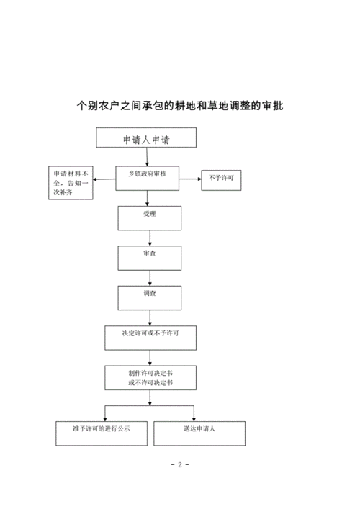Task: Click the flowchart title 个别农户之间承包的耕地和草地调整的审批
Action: (x=180, y=107)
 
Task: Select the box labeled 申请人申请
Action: (x=147, y=138)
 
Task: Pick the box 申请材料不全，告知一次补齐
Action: (x=71, y=184)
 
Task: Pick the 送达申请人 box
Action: (x=199, y=432)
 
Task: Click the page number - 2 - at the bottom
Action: (x=180, y=465)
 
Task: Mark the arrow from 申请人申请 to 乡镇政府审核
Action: (x=147, y=157)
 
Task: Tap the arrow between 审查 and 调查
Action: (x=150, y=277)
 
